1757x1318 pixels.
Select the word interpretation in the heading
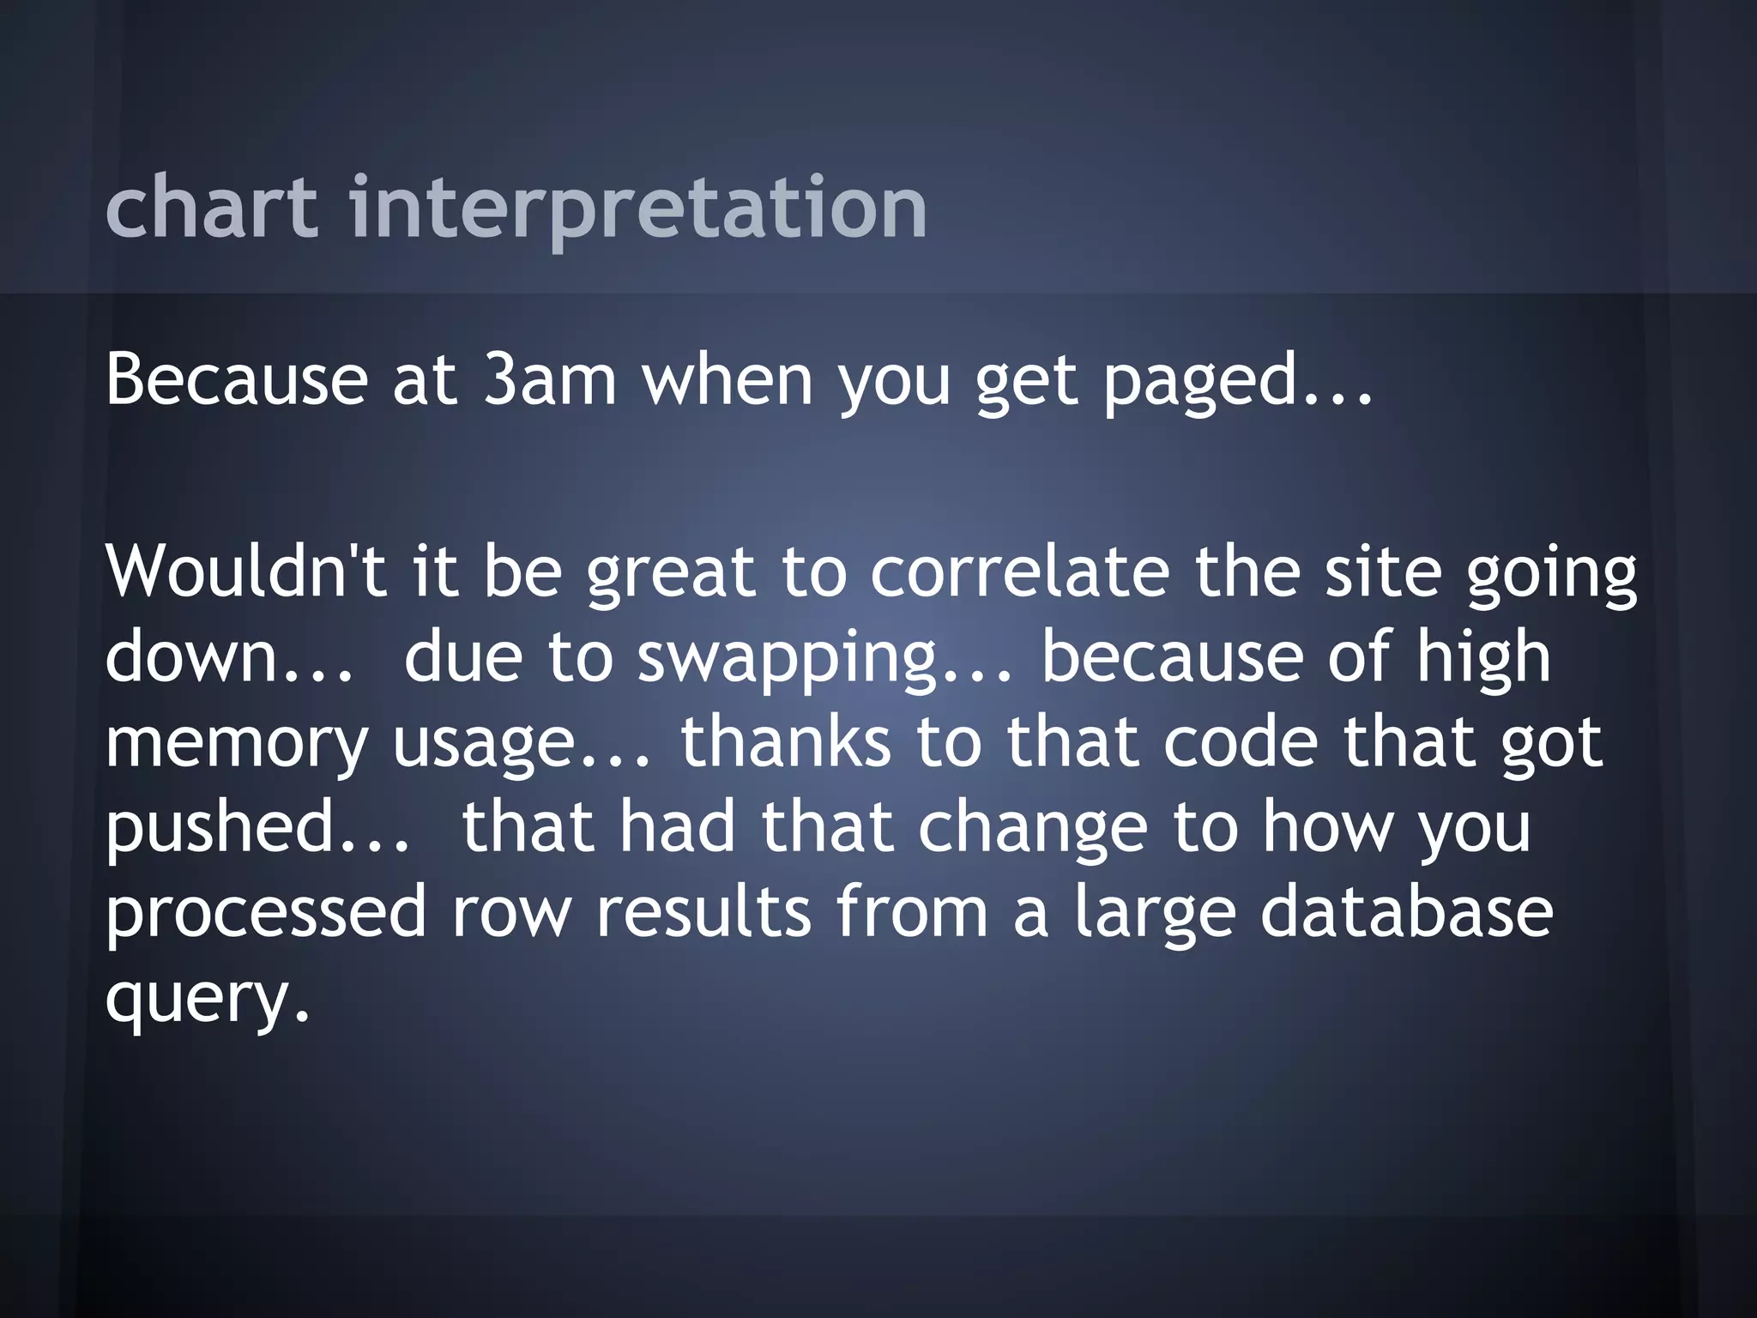click(638, 209)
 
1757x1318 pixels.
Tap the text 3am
click(550, 380)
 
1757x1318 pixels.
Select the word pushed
click(220, 828)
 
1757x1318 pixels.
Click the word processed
click(265, 914)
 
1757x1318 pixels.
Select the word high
click(1483, 658)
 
